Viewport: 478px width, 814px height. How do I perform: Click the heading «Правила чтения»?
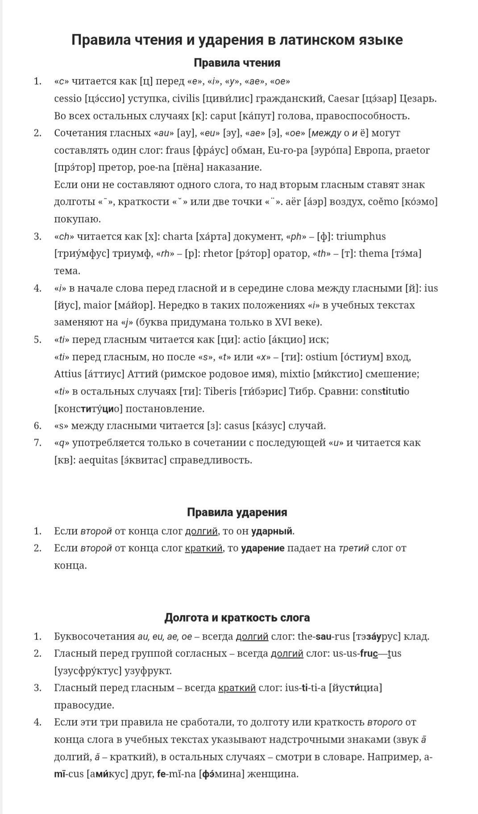click(237, 63)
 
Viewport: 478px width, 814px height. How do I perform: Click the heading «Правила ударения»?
click(237, 512)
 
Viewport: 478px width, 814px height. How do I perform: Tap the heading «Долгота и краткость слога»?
click(237, 617)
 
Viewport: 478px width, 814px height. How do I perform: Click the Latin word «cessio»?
click(68, 99)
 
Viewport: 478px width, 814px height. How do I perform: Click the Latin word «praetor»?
click(411, 150)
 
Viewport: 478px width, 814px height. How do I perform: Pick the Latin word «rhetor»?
click(218, 254)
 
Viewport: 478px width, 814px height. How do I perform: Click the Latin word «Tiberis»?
click(220, 391)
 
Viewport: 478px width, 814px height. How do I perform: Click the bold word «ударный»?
click(272, 531)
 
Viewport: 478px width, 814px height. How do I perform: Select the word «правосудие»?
click(84, 705)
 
